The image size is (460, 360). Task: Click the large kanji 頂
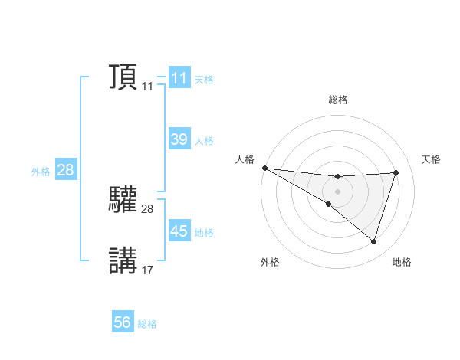(123, 77)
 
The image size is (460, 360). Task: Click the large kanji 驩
(123, 200)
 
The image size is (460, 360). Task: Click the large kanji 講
(123, 260)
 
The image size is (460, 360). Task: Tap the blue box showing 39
(179, 139)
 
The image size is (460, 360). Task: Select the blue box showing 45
(179, 231)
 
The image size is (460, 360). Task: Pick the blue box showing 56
(123, 322)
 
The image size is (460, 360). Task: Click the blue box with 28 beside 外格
(65, 170)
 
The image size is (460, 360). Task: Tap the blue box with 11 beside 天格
(179, 78)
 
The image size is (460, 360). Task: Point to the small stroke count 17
(147, 270)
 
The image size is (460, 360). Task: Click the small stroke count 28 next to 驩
(147, 208)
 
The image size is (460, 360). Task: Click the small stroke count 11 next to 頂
(147, 87)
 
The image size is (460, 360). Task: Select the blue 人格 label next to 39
(204, 141)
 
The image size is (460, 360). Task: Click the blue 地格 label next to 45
(204, 233)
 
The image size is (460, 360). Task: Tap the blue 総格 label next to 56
(147, 325)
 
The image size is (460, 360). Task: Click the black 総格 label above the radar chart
(337, 100)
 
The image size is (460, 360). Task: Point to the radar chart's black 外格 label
(270, 263)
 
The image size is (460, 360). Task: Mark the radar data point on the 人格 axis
(264, 167)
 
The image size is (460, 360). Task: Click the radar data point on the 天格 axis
(396, 172)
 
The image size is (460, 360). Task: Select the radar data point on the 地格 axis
(373, 241)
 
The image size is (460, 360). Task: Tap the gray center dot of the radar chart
(337, 191)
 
